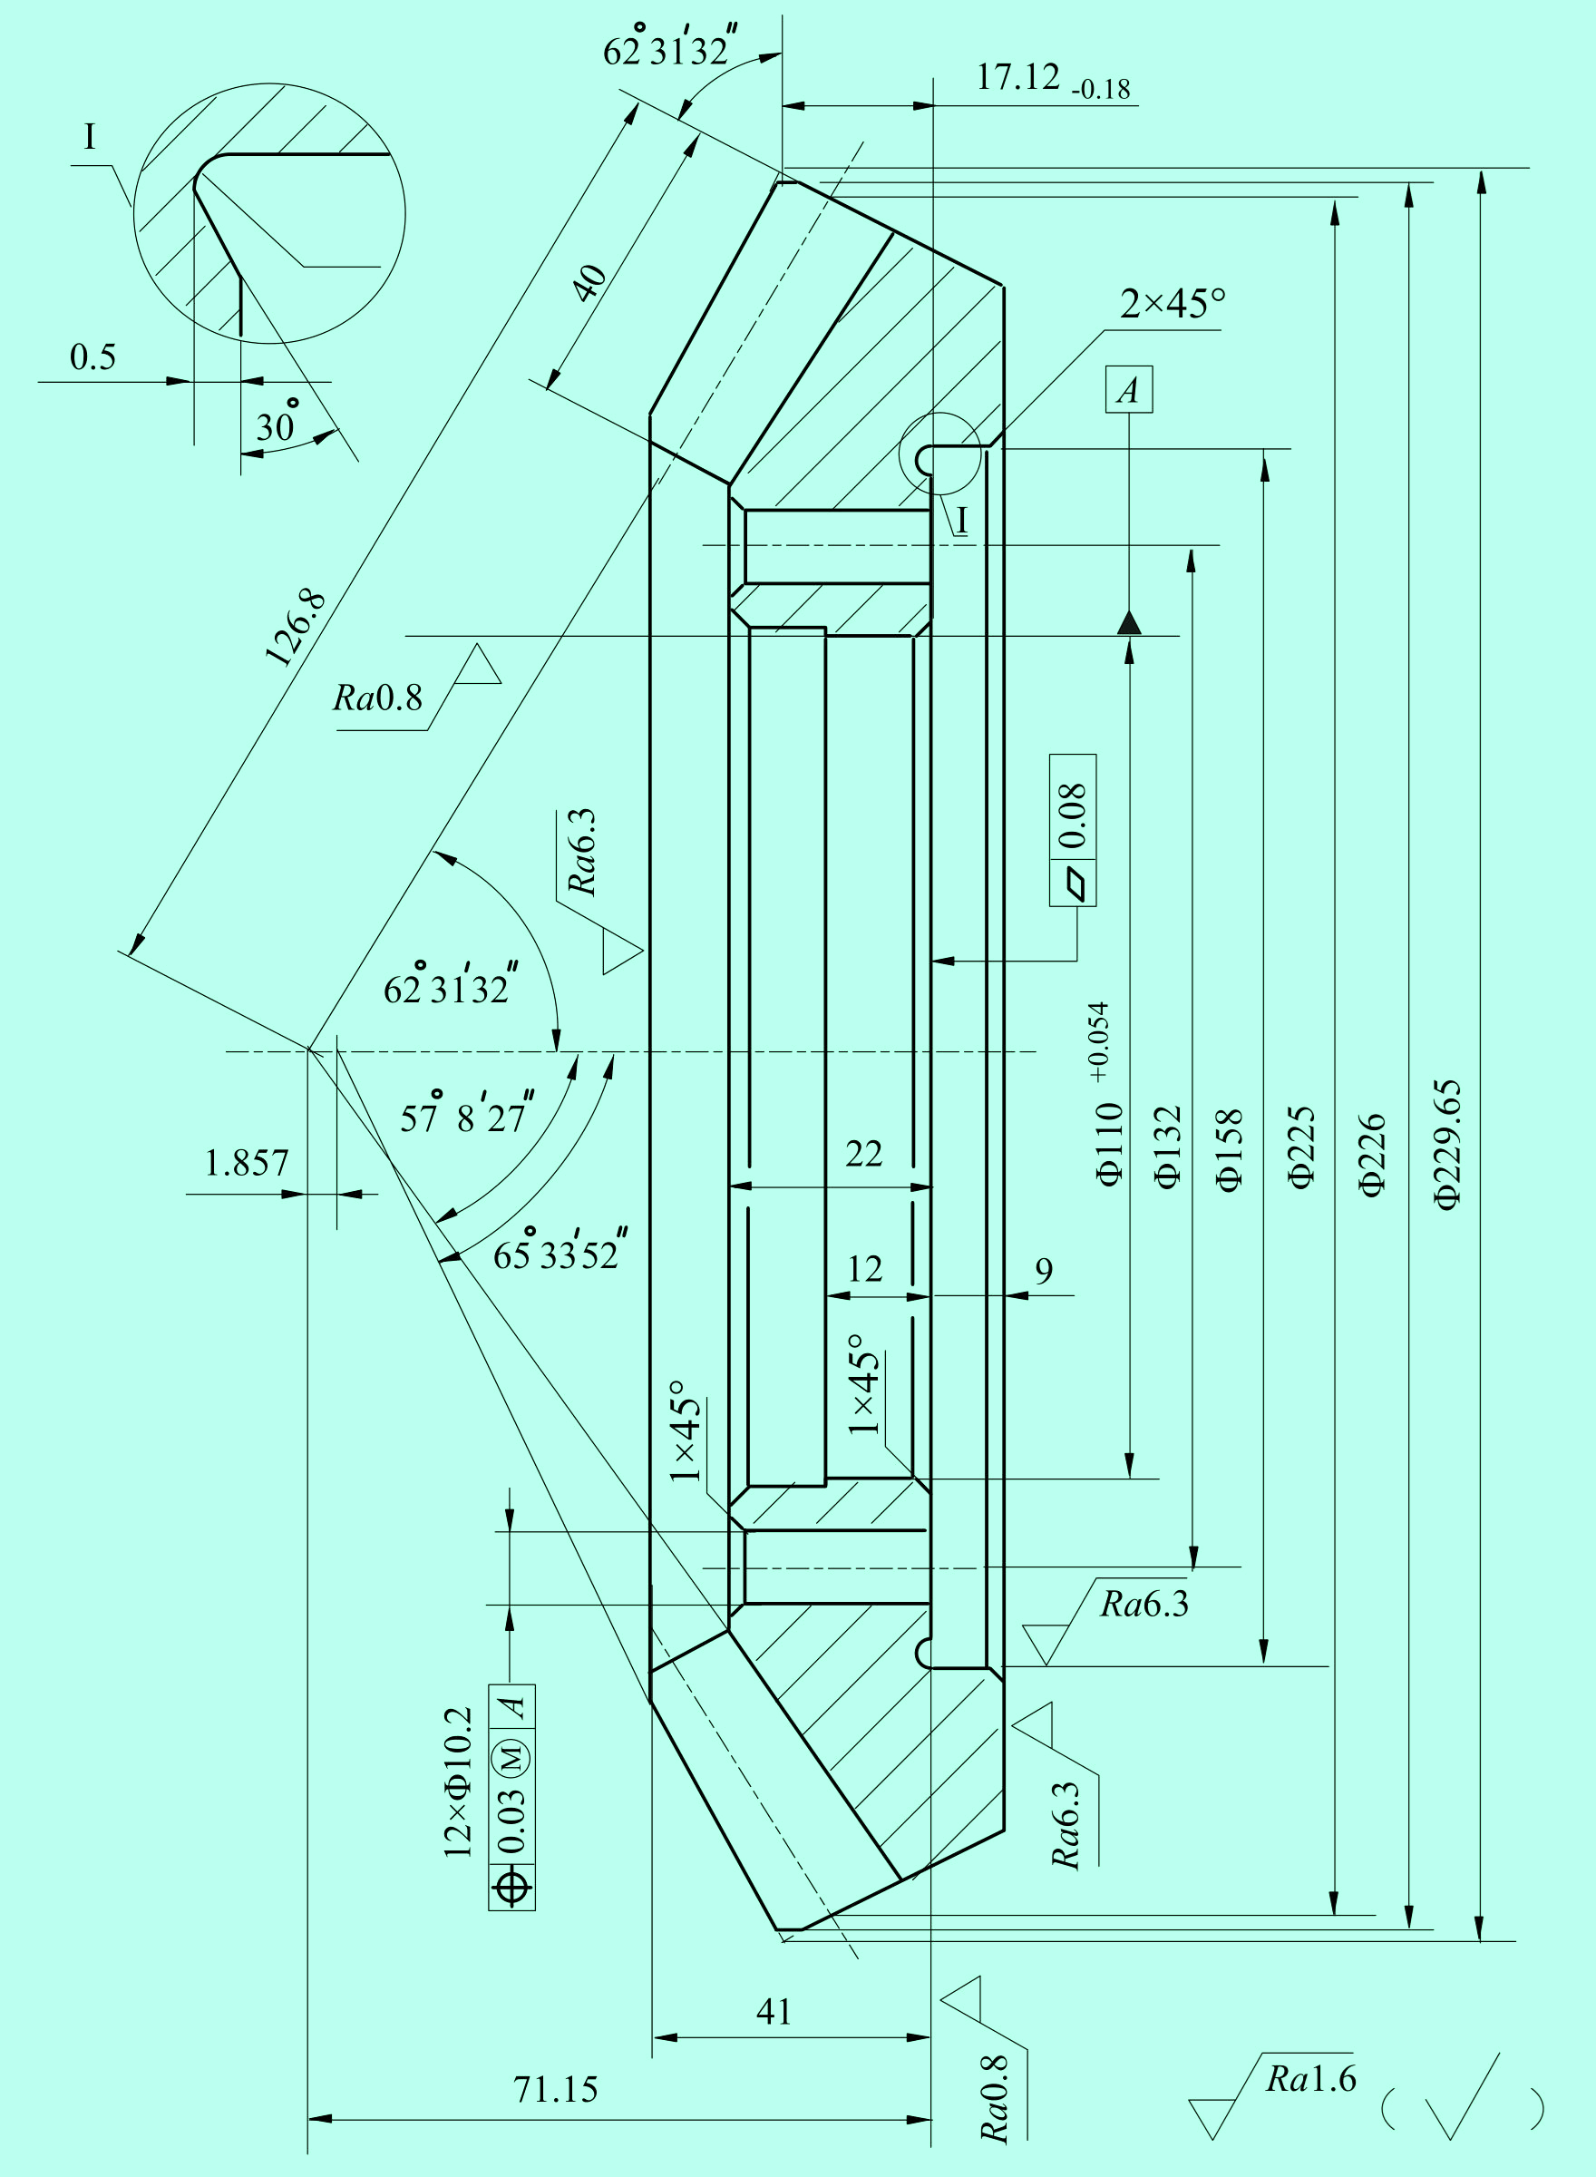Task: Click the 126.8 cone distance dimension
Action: [296, 628]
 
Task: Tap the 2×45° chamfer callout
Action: [1173, 305]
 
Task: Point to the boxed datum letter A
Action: [1128, 389]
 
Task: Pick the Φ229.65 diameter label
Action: [1448, 1145]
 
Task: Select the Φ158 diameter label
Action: [1228, 1151]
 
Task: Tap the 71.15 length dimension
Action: [556, 2090]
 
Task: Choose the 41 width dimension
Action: [773, 2012]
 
